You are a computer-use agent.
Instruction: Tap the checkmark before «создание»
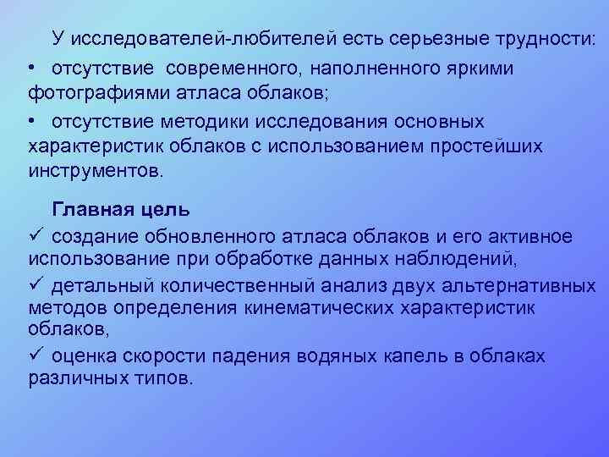click(35, 235)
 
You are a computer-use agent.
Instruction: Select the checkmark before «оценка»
click(35, 355)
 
